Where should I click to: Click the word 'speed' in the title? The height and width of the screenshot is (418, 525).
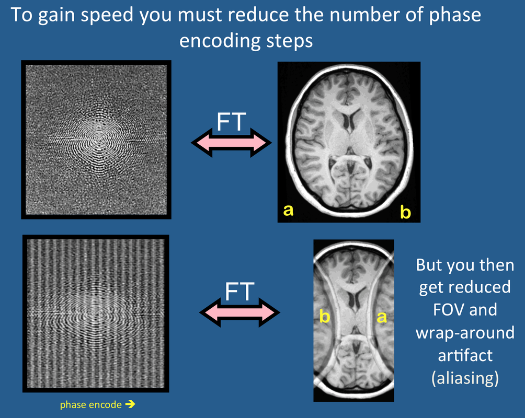[108, 16]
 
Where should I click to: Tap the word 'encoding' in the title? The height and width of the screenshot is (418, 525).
[220, 41]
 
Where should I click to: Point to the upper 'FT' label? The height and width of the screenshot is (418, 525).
[231, 122]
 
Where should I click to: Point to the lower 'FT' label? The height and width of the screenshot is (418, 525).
[239, 292]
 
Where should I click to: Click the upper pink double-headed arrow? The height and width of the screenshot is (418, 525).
[231, 143]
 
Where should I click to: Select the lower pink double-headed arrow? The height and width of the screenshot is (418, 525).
[239, 312]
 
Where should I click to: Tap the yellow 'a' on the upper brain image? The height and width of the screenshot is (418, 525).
[288, 210]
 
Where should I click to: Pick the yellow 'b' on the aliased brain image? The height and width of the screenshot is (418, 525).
[324, 316]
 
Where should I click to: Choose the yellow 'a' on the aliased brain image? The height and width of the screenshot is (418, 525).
[382, 317]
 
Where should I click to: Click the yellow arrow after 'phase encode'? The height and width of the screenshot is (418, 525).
[130, 404]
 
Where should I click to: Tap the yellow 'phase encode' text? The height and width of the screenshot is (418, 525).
[91, 405]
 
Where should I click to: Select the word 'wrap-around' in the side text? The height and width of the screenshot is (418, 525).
[465, 333]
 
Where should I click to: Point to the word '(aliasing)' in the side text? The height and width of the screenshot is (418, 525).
[465, 378]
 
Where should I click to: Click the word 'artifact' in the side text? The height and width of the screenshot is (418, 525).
[465, 355]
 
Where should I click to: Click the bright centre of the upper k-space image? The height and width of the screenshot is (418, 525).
[98, 138]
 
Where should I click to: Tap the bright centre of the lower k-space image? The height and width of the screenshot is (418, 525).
[95, 312]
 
